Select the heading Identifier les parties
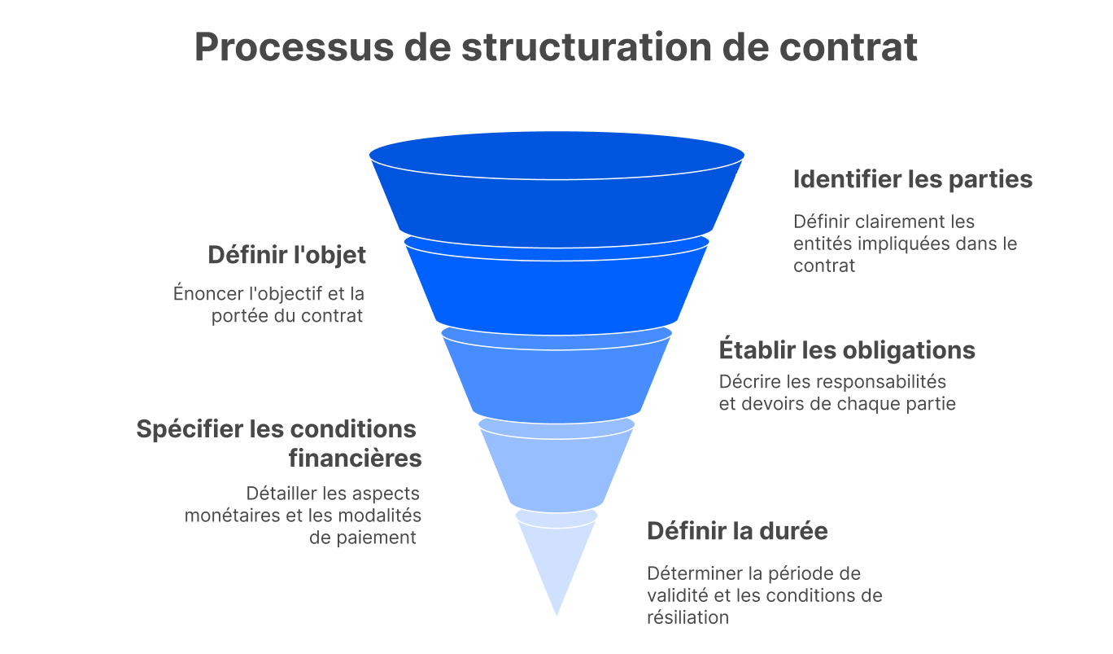click(913, 179)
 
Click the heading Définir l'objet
click(286, 255)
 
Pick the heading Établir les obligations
click(847, 350)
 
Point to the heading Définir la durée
click(737, 531)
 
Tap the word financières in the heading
click(355, 459)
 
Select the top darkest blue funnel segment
click(556, 195)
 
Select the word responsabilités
click(881, 381)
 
